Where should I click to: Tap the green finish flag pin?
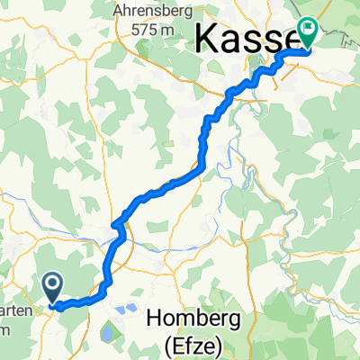click(307, 34)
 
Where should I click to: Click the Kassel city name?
click(247, 38)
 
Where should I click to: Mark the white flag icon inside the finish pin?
click(308, 30)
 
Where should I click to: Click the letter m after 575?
click(158, 28)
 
